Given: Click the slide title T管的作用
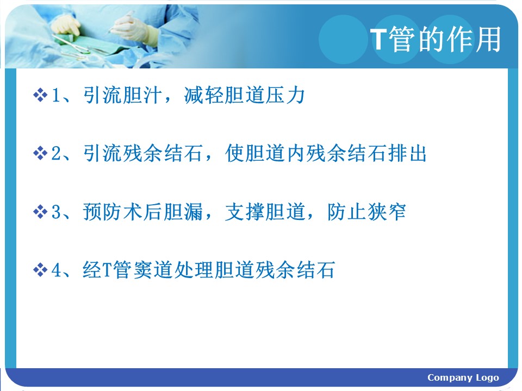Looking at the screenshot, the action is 436,39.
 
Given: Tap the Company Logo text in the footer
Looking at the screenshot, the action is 463,378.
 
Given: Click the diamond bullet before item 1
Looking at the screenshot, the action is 40,95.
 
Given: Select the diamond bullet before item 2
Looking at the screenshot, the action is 40,153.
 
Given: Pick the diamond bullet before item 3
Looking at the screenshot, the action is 40,211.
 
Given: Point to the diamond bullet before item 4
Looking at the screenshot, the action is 40,270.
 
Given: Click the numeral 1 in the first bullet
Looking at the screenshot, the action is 56,95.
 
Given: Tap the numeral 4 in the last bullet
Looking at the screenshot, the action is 56,270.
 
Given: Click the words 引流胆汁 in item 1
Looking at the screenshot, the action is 122,95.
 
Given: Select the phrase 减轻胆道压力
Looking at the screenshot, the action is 244,95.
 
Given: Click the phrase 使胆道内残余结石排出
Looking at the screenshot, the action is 326,153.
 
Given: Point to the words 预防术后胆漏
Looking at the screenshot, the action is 143,211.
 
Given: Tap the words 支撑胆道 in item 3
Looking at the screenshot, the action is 265,211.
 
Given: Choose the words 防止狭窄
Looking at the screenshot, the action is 366,211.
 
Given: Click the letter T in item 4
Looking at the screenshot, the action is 107,270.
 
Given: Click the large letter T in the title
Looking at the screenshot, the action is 378,39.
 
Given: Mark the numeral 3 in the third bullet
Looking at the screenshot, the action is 56,212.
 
